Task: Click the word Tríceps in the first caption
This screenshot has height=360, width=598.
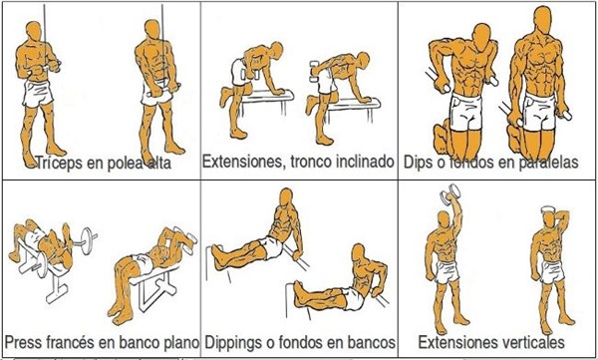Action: click(59, 163)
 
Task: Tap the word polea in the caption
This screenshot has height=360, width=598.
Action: click(121, 163)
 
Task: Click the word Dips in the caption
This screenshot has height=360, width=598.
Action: click(418, 163)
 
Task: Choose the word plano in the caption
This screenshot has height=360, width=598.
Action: click(180, 342)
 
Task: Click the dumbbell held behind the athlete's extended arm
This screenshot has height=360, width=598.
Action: click(315, 72)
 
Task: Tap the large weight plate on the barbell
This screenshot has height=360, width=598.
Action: click(88, 240)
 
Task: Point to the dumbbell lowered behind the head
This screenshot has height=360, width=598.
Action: click(550, 208)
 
